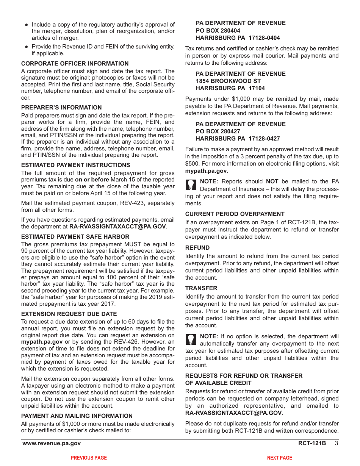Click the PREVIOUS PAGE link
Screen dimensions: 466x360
[89, 458]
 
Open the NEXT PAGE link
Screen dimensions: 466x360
[279, 458]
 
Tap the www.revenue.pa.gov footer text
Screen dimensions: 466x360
[52, 443]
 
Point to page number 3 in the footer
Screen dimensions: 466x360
[336, 443]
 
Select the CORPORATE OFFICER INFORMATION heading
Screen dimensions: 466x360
[75, 64]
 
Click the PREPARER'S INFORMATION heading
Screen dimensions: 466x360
[61, 108]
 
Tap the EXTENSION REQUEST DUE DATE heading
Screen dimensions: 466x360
[69, 314]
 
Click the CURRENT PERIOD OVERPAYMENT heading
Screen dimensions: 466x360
[235, 214]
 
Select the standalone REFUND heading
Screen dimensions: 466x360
[197, 248]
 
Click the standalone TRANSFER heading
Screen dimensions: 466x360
[201, 288]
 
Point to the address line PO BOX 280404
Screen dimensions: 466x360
[218, 31]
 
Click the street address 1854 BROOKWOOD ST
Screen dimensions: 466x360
[228, 81]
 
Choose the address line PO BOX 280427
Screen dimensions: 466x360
[218, 131]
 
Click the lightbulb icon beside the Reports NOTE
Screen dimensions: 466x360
[191, 185]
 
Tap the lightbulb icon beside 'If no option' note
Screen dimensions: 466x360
[191, 339]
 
